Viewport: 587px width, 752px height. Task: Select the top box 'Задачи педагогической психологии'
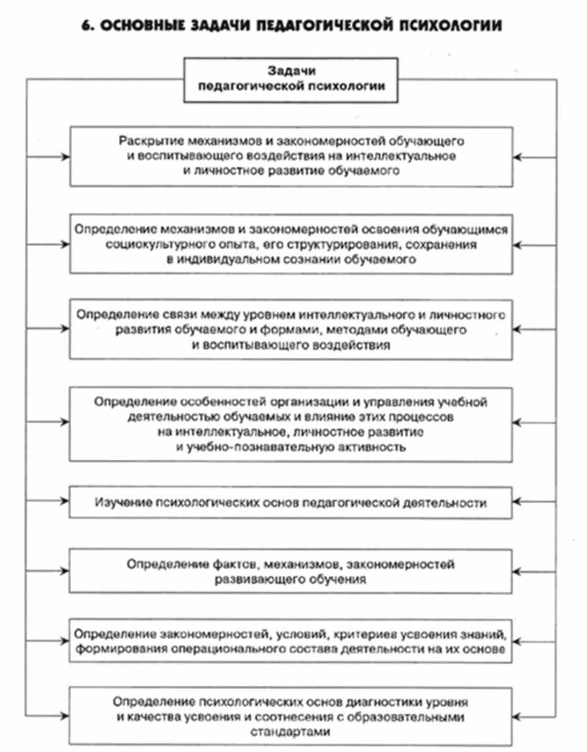pos(292,78)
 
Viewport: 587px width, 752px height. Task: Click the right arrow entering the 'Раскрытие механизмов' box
pos(519,156)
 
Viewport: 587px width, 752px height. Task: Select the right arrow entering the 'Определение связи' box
pos(519,329)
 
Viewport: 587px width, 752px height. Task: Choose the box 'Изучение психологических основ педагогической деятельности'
pos(292,502)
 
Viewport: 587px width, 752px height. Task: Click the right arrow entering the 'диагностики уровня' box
pos(519,715)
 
